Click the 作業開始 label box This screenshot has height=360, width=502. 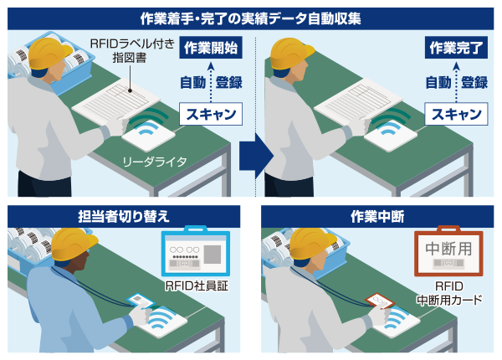click(x=211, y=48)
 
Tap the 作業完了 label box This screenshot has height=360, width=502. click(x=456, y=48)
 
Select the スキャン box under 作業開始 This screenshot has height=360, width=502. click(x=211, y=114)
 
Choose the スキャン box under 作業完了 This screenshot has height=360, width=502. click(x=456, y=114)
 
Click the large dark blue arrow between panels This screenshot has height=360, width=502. click(x=256, y=156)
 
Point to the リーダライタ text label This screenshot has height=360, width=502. click(x=155, y=162)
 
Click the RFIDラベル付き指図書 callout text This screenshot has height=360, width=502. click(x=132, y=50)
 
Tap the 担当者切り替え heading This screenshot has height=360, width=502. click(x=124, y=217)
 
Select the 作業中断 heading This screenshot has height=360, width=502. click(x=377, y=217)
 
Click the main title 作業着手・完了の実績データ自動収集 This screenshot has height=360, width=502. click(x=251, y=18)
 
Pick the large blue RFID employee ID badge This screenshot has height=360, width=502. click(x=196, y=251)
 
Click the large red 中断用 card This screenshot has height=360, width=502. click(x=448, y=251)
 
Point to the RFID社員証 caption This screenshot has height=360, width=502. click(x=197, y=285)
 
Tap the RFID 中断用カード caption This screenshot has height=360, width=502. click(x=449, y=293)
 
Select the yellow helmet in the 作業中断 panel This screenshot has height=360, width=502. click(x=312, y=243)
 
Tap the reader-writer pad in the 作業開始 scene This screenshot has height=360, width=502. click(x=148, y=135)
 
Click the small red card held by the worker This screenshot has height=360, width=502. click(x=379, y=301)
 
